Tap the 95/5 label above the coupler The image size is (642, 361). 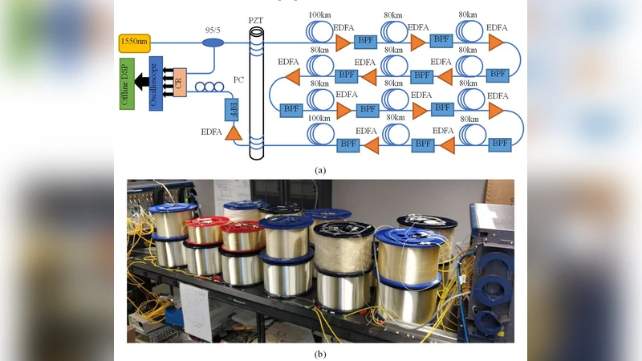pyautogui.click(x=213, y=30)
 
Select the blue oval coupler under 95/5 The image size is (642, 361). pyautogui.click(x=213, y=42)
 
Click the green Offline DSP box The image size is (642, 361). pyautogui.click(x=127, y=83)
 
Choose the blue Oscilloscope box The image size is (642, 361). pyautogui.click(x=156, y=83)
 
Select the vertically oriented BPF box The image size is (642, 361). pyautogui.click(x=234, y=107)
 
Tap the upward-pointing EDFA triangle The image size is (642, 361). pyautogui.click(x=234, y=133)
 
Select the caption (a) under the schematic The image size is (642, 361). pyautogui.click(x=320, y=170)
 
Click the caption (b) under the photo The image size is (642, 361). pyautogui.click(x=320, y=353)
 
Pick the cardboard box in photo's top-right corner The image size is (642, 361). pyautogui.click(x=499, y=191)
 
